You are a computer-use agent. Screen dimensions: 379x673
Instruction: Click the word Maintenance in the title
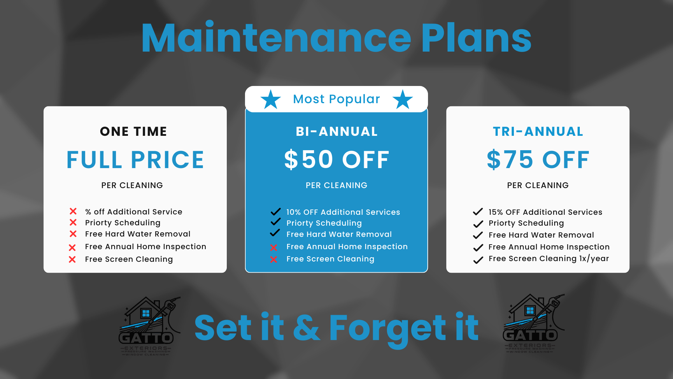[x=276, y=38]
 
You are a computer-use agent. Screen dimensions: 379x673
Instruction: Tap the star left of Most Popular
[x=271, y=100]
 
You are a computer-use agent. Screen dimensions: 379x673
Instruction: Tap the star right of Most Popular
[x=402, y=100]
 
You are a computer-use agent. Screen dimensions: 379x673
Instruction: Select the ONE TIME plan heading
[x=134, y=132]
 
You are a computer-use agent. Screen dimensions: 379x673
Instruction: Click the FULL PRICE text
[x=135, y=160]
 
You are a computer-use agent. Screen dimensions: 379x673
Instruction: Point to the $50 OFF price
[x=336, y=160]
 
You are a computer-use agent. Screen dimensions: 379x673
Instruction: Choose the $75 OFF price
[x=538, y=160]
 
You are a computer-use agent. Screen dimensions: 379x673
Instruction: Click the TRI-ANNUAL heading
[x=538, y=132]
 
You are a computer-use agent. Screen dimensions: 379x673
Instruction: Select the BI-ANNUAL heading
[x=336, y=132]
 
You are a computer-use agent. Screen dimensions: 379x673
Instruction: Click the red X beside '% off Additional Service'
[x=73, y=211]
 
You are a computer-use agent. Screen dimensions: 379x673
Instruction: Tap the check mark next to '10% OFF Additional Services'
[x=276, y=211]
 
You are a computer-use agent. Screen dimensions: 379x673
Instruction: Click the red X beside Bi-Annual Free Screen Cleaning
[x=274, y=260]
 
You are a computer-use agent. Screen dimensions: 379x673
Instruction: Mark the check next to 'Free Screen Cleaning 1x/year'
[x=478, y=260]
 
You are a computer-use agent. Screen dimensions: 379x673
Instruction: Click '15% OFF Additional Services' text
[x=545, y=212]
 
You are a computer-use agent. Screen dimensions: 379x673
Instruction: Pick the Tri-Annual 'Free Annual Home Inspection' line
[x=549, y=247]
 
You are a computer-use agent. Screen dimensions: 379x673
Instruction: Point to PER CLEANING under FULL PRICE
[x=132, y=185]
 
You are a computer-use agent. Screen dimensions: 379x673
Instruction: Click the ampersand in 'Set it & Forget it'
[x=306, y=328]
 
